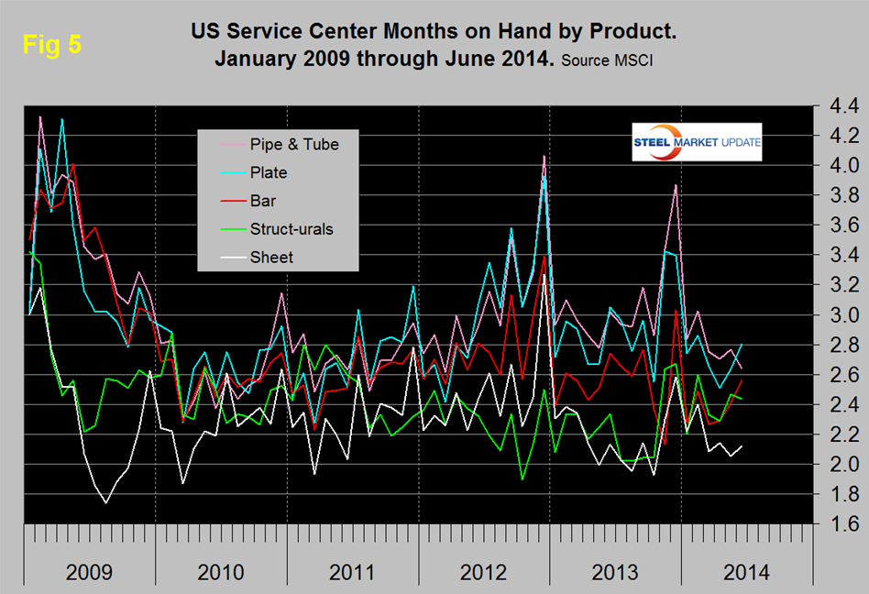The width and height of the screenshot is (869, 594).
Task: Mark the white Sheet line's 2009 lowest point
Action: pos(106,502)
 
